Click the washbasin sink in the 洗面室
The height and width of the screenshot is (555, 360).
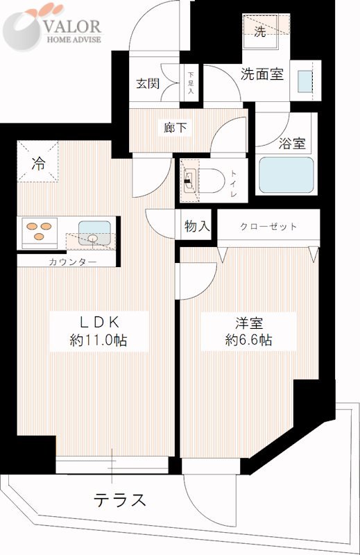[304, 82]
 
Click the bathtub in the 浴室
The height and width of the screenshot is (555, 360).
[286, 176]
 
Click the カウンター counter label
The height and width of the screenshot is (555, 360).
[72, 262]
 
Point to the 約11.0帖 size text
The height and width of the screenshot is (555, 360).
[98, 341]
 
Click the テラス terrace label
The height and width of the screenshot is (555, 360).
[120, 500]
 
